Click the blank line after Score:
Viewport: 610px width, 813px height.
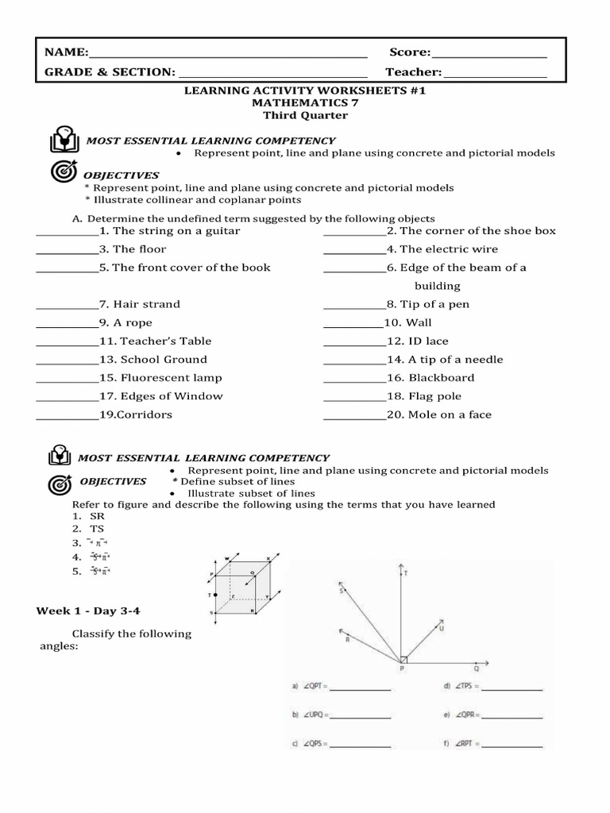coord(489,56)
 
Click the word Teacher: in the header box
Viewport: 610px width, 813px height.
coord(414,73)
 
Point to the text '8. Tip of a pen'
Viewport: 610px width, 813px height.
coord(428,304)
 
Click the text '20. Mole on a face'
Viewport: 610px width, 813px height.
coord(439,414)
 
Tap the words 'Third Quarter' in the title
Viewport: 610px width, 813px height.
coord(305,116)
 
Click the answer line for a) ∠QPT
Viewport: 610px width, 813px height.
coord(361,688)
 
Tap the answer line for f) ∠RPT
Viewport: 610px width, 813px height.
coord(513,746)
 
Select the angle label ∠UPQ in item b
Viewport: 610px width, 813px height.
coord(311,715)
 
